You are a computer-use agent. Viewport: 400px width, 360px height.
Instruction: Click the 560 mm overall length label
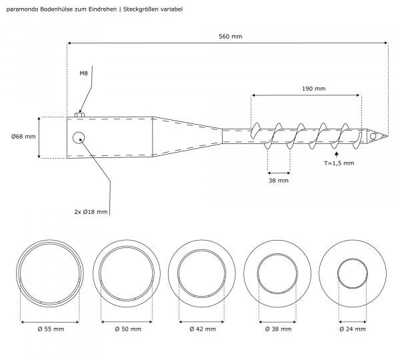tap(231, 37)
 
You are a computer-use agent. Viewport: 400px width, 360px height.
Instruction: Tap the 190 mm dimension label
tap(314, 89)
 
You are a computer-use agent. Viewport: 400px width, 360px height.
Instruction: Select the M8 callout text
tap(83, 73)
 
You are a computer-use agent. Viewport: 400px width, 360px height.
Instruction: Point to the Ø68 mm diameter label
tap(23, 137)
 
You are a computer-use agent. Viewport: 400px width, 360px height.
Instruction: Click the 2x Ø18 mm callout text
tap(91, 212)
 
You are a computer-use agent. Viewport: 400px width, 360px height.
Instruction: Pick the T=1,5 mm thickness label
tap(339, 163)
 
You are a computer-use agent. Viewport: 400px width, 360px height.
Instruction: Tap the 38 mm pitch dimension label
tap(278, 181)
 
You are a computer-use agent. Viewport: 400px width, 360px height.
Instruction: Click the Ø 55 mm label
tap(51, 329)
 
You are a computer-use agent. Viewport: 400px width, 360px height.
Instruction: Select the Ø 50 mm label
tap(128, 329)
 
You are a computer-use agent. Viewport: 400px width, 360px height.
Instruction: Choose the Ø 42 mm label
tap(203, 329)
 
